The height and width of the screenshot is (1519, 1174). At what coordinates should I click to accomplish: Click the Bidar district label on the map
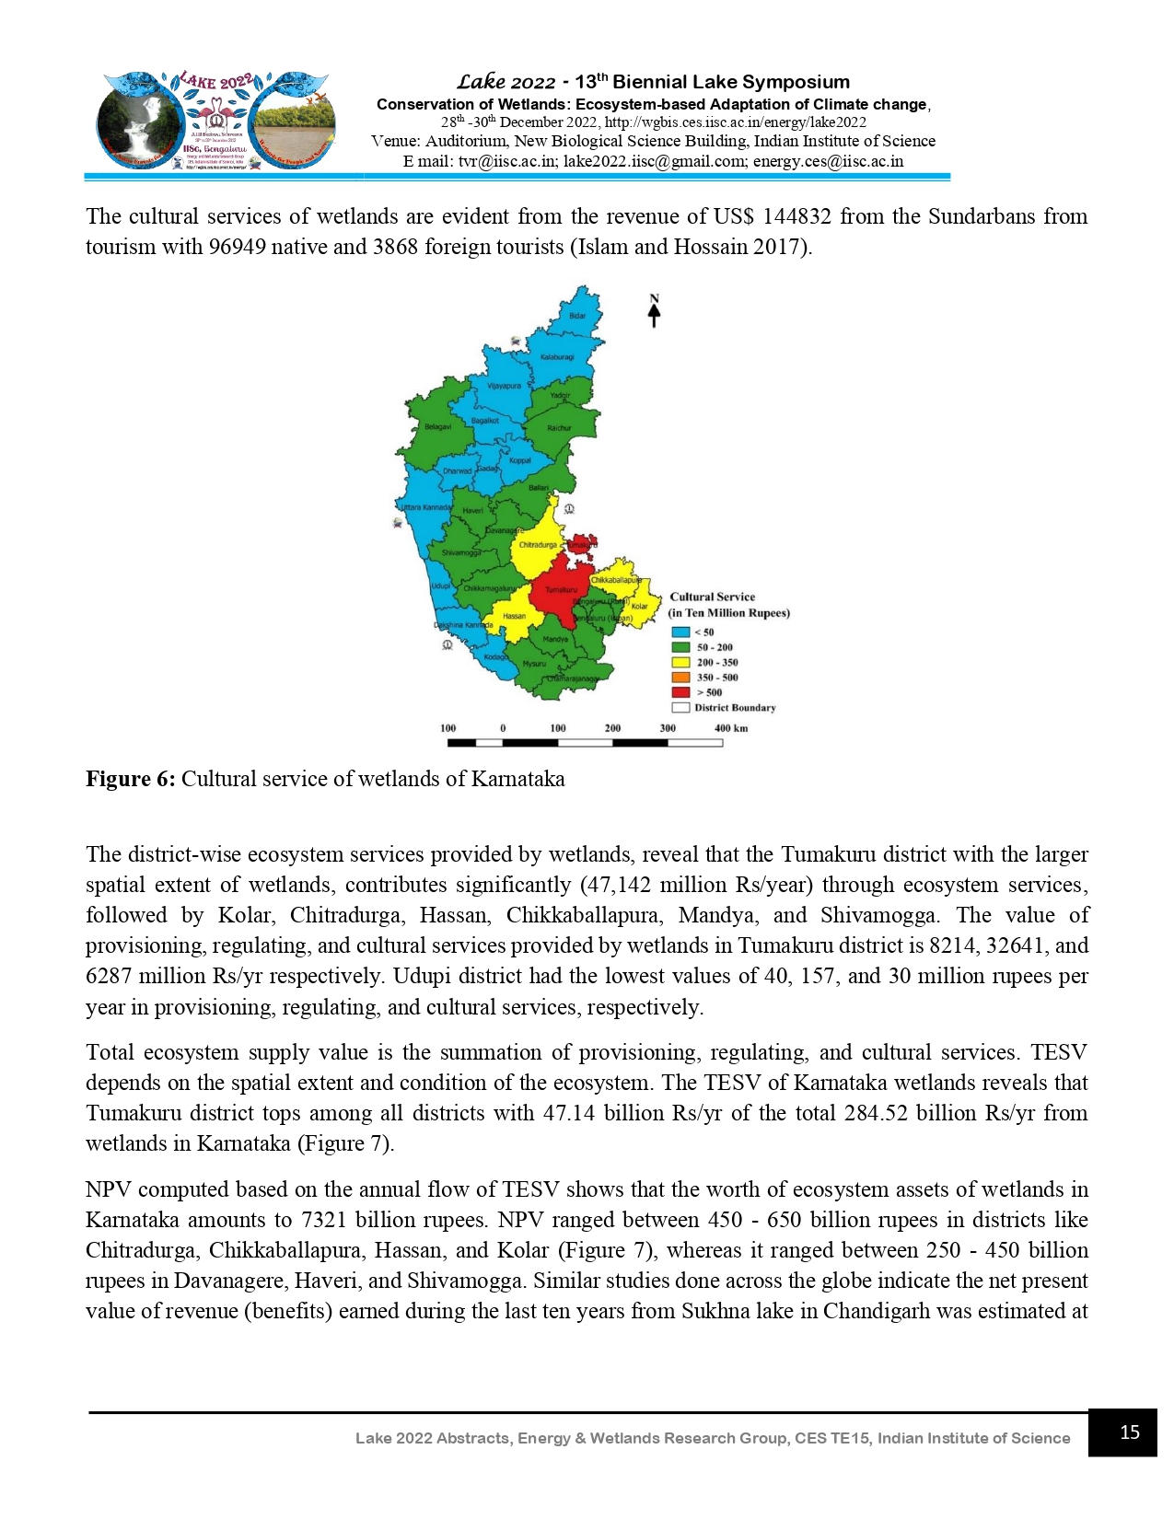click(x=577, y=316)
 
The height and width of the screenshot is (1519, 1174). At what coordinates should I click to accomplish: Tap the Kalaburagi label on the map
click(x=557, y=357)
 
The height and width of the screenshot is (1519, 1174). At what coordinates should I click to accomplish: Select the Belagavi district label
click(x=437, y=427)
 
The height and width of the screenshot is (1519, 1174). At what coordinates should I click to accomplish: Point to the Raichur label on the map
click(x=559, y=428)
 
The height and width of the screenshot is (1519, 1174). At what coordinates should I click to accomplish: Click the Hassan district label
click(x=514, y=617)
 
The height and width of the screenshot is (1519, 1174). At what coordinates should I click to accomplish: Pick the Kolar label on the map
click(x=639, y=606)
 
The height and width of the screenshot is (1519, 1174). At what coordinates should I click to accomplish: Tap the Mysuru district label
click(x=534, y=664)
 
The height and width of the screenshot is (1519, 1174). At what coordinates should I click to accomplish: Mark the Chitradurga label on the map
click(x=538, y=545)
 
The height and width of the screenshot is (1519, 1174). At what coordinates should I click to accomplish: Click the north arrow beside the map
click(x=655, y=312)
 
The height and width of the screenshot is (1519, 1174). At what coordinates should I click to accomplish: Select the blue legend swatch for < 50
click(x=680, y=632)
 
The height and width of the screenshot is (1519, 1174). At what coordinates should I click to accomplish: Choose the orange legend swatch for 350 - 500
click(x=680, y=678)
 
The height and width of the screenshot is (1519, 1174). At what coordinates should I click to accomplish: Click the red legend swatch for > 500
click(x=680, y=692)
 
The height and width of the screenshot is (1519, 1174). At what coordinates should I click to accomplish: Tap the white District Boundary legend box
click(x=680, y=708)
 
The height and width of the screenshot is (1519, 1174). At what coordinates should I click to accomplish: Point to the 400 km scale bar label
click(x=731, y=728)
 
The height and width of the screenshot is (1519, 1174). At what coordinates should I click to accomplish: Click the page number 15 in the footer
click(x=1130, y=1432)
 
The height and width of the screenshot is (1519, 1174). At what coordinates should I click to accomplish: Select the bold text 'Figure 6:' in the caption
click(x=130, y=779)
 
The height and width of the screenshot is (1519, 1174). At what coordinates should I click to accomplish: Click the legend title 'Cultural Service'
click(x=712, y=597)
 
